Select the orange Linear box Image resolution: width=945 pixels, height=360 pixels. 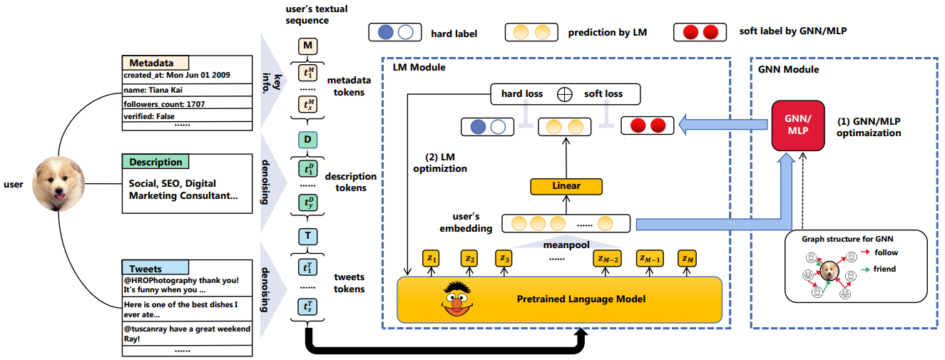pyautogui.click(x=566, y=186)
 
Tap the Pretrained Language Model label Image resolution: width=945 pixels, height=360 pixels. pyautogui.click(x=581, y=299)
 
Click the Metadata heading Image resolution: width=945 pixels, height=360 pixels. pyautogui.click(x=151, y=63)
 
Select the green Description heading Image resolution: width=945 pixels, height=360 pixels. pyautogui.click(x=155, y=162)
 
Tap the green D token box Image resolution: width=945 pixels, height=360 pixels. pyautogui.click(x=307, y=139)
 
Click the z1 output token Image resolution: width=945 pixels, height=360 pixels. pyautogui.click(x=431, y=258)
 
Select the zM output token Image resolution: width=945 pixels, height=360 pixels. pyautogui.click(x=688, y=258)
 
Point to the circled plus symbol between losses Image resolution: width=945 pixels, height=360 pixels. pyautogui.click(x=565, y=93)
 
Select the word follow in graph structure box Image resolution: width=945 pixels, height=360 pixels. pyautogui.click(x=887, y=252)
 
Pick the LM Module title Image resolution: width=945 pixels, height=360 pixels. pyautogui.click(x=419, y=67)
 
